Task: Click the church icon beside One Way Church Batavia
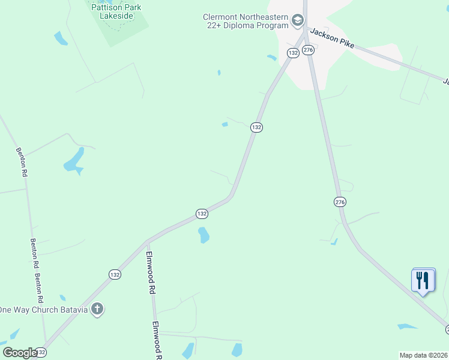tap(97, 310)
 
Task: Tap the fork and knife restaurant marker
tap(423, 280)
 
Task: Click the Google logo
tap(20, 352)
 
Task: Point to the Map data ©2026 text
tap(423, 355)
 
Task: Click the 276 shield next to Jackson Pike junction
tap(309, 50)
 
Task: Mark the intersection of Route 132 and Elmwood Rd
tap(146, 241)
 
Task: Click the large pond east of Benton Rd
tap(74, 160)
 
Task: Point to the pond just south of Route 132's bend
tap(203, 235)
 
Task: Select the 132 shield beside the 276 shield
tap(293, 53)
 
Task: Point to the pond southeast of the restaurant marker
tap(408, 326)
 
